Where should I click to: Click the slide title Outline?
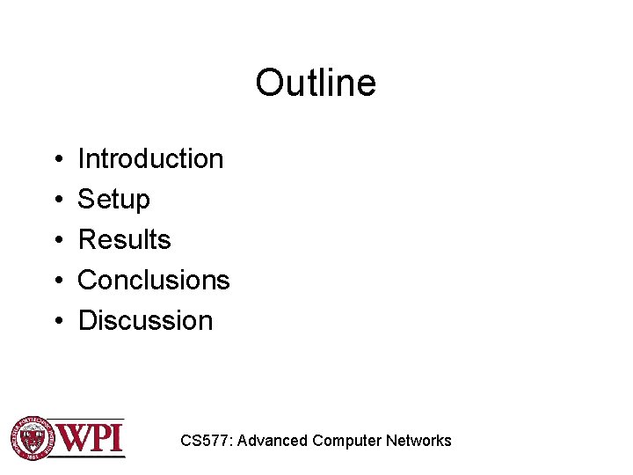316,84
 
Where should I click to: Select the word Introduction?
150,159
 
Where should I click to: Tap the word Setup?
113,200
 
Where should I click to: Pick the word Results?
124,239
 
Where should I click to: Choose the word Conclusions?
154,280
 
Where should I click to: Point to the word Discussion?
145,320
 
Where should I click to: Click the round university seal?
32,437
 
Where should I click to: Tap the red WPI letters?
91,437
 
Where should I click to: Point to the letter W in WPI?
75,437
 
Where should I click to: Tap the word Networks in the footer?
418,441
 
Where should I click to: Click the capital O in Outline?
268,84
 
